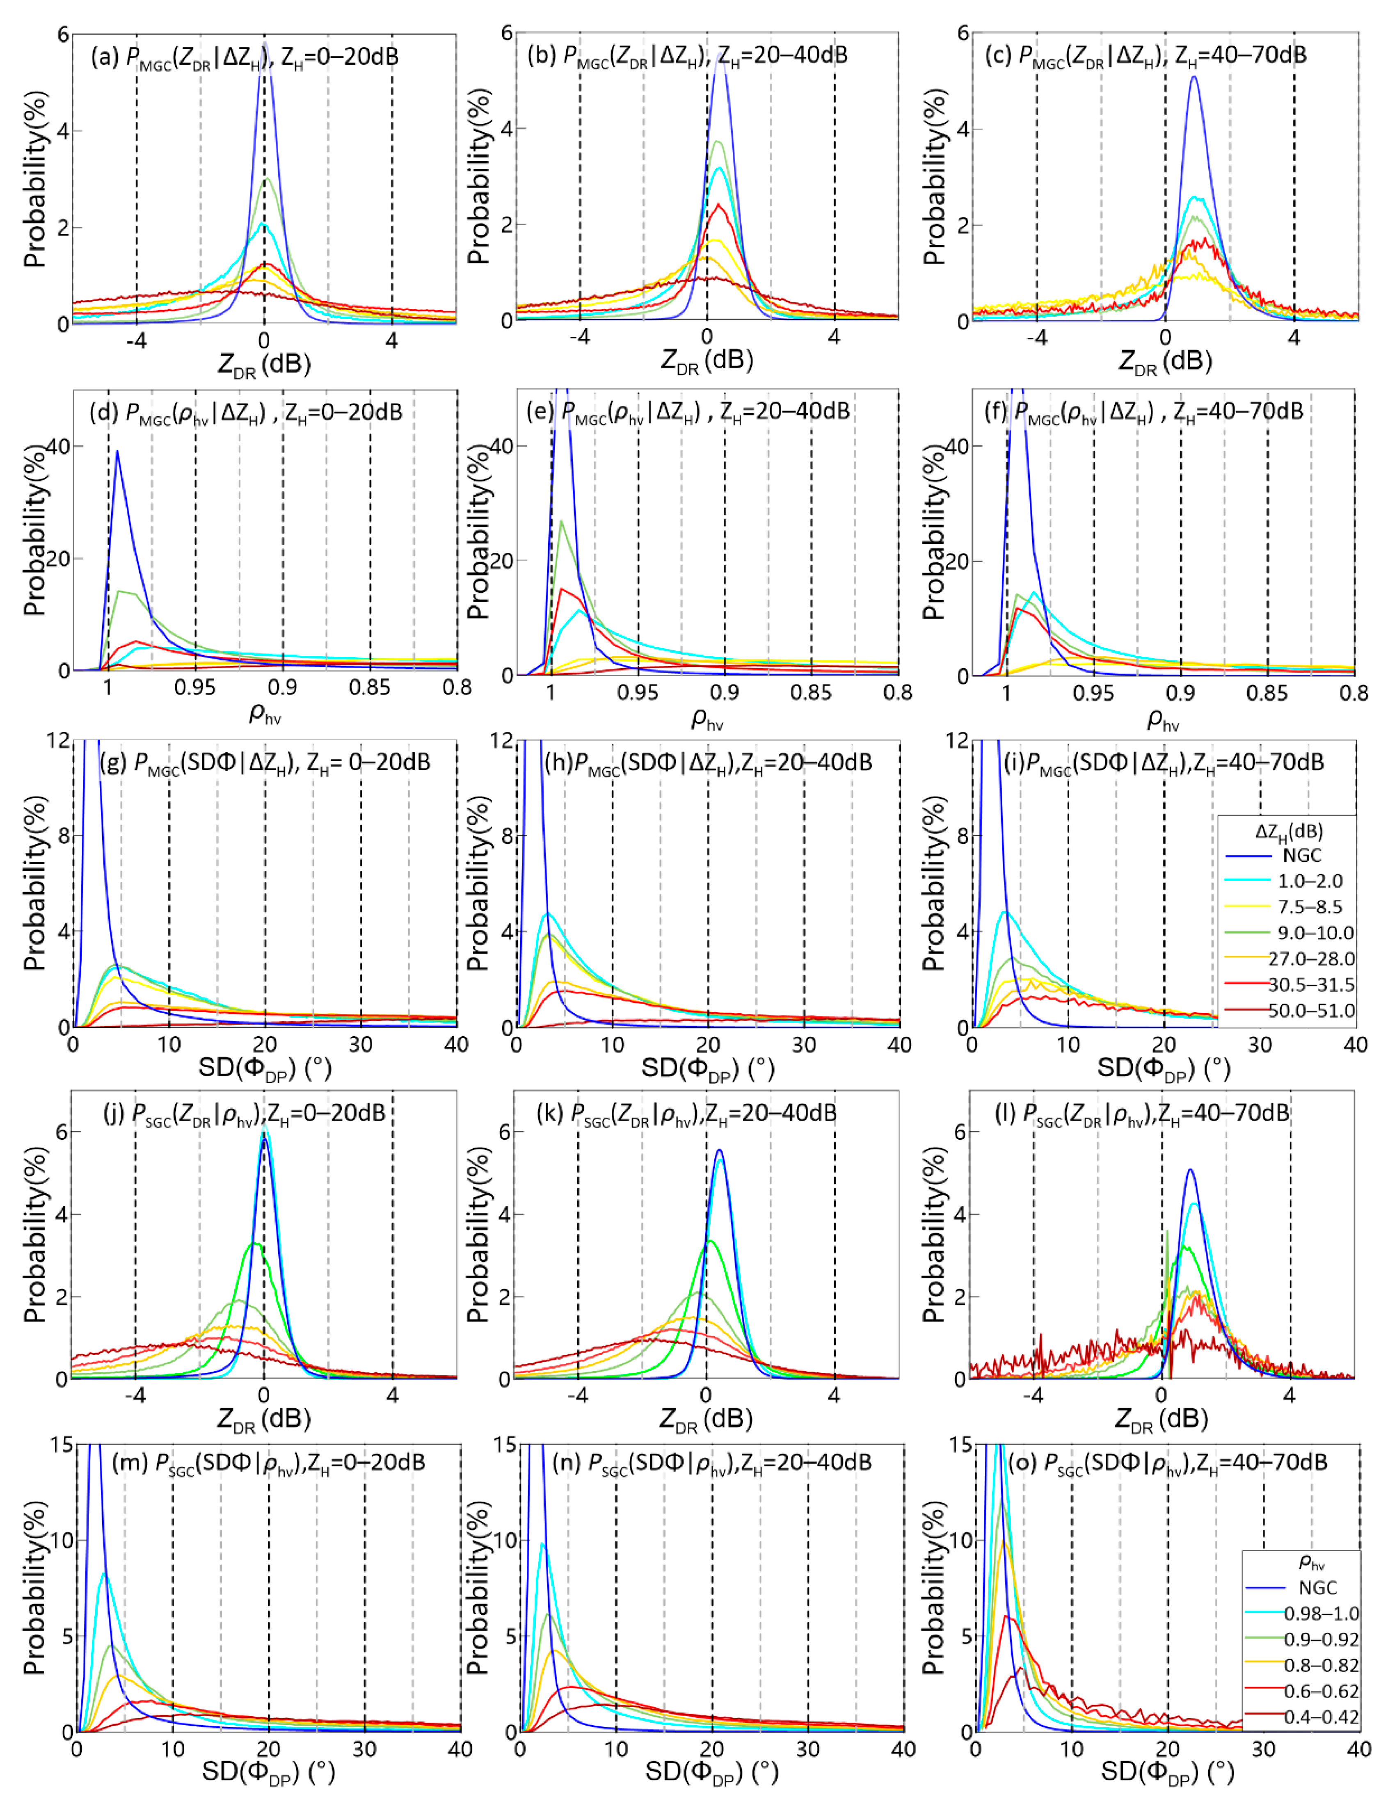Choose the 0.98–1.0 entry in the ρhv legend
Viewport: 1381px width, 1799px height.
click(x=1321, y=1613)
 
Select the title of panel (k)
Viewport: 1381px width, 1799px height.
click(x=686, y=1114)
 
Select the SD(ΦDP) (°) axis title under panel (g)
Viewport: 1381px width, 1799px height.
click(x=265, y=1068)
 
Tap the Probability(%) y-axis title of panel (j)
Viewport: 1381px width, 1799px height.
click(x=34, y=1233)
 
